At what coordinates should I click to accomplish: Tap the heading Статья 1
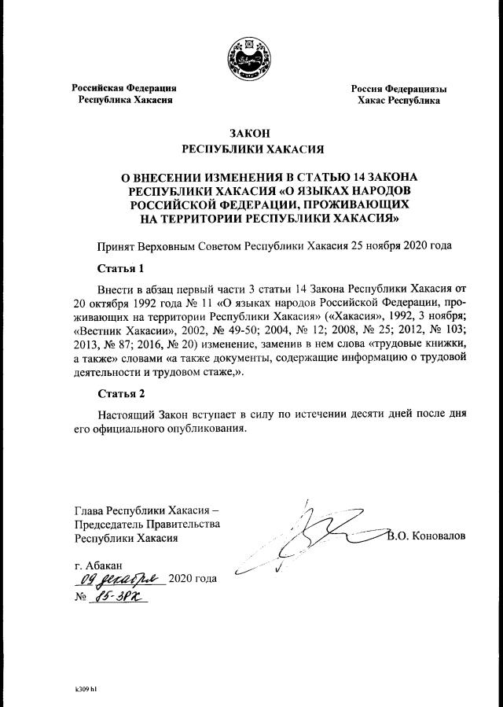[x=123, y=269]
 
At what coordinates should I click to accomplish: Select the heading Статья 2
[x=123, y=392]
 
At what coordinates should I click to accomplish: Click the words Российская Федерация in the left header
[x=124, y=87]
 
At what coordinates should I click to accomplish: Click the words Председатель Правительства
[x=147, y=523]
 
